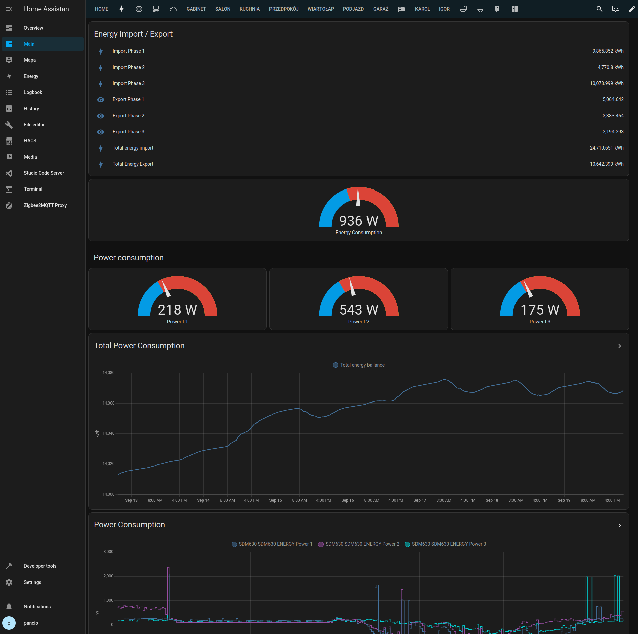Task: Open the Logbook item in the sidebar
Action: [x=33, y=92]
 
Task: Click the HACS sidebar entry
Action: [x=30, y=141]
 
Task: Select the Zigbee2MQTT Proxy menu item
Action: [x=45, y=205]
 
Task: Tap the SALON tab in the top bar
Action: [x=223, y=9]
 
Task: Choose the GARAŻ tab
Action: [x=381, y=9]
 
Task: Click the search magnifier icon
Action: [x=599, y=9]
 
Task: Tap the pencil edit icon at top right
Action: [x=631, y=9]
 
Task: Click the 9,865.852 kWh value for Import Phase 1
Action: [x=607, y=51]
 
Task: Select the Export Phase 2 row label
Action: [x=128, y=116]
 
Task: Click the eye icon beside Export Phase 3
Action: [x=101, y=132]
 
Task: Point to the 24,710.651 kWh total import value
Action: [x=606, y=148]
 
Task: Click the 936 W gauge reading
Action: [x=358, y=221]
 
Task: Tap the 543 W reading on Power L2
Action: [x=358, y=310]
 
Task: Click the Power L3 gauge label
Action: [x=540, y=322]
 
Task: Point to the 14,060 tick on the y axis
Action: [x=108, y=403]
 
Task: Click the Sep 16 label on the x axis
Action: [x=347, y=500]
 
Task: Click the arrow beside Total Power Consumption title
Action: [x=620, y=346]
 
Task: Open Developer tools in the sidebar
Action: [x=40, y=566]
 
